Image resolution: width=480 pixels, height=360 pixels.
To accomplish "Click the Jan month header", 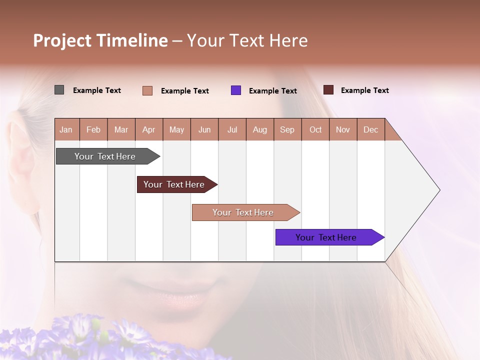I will (x=66, y=129).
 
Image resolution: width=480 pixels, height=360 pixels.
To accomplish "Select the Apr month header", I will (x=148, y=129).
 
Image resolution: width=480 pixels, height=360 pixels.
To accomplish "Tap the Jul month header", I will (x=232, y=129).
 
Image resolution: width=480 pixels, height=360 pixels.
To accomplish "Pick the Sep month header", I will (x=287, y=129).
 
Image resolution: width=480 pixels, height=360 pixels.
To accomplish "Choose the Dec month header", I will (x=370, y=129).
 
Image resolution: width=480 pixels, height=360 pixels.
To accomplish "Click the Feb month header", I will (x=93, y=129).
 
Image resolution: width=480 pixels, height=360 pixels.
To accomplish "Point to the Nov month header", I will (x=342, y=129).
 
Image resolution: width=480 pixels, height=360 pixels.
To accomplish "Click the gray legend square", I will (x=59, y=90).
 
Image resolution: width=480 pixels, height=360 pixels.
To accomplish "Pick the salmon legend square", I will (x=147, y=90).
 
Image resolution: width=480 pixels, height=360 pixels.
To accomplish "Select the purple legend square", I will (x=236, y=90).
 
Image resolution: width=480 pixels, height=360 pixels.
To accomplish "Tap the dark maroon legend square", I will (x=328, y=90).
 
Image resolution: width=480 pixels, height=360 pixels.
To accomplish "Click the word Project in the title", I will (x=62, y=40).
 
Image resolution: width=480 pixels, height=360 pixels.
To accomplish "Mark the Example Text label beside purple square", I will (x=272, y=91).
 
